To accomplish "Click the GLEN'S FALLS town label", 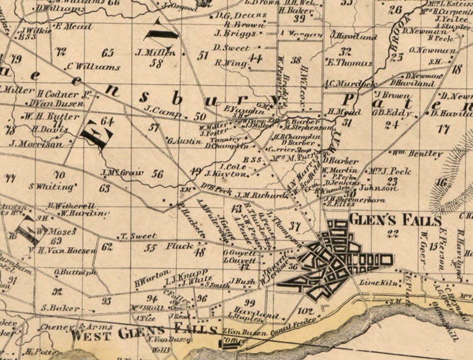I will click(x=395, y=219).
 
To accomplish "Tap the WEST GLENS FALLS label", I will click(x=144, y=332).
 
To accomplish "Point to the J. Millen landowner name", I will click(x=155, y=53).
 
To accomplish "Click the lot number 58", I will click(x=156, y=63).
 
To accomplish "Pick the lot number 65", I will click(x=107, y=53).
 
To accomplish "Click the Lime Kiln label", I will click(x=375, y=283).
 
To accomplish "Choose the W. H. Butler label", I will click(x=51, y=116).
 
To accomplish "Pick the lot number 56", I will click(x=157, y=174).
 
